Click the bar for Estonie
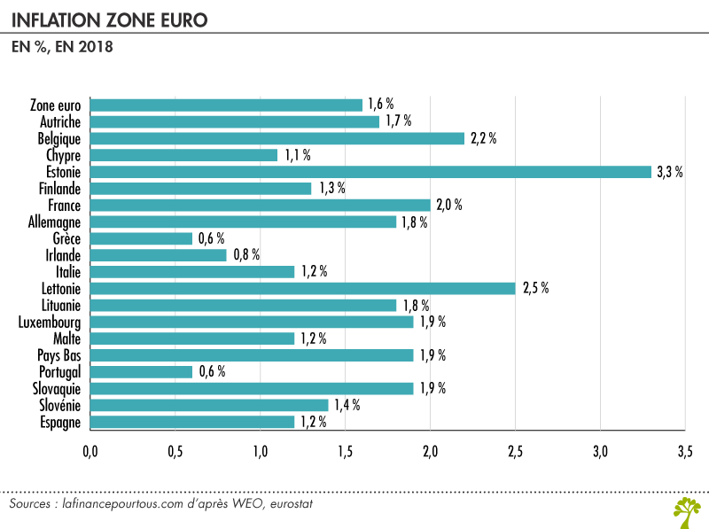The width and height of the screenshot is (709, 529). click(x=370, y=172)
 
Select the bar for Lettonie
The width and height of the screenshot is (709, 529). click(x=302, y=288)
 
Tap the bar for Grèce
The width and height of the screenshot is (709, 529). click(x=141, y=238)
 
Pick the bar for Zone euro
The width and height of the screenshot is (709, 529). click(x=226, y=105)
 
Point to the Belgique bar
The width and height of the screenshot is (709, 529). click(x=277, y=138)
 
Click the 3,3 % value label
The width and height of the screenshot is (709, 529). click(x=669, y=172)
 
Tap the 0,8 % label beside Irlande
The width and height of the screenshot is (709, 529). click(x=246, y=255)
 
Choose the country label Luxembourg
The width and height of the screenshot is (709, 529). click(x=51, y=322)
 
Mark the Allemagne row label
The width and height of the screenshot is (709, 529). click(x=54, y=222)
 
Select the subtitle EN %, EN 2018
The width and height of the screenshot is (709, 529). click(x=61, y=46)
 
